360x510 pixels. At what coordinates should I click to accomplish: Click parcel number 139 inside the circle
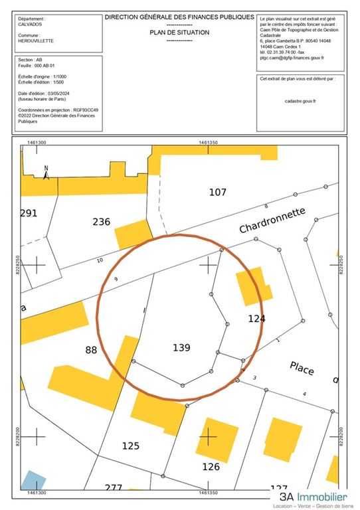(181, 347)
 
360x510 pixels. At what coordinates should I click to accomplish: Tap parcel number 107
(218, 193)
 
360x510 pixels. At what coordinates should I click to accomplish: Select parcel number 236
(101, 222)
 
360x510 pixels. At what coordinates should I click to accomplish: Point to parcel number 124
(257, 319)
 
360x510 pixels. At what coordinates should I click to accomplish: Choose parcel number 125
(130, 445)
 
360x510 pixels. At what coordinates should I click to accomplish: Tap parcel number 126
(211, 466)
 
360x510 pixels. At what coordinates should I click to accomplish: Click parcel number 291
(29, 213)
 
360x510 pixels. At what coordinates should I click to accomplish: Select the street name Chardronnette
(273, 220)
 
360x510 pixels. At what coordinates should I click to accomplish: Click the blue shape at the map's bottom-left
(33, 481)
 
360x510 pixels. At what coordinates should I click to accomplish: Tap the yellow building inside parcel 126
(217, 438)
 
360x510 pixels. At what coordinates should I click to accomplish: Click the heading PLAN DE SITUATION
(179, 32)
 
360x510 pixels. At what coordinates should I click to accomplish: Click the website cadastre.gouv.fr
(300, 100)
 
